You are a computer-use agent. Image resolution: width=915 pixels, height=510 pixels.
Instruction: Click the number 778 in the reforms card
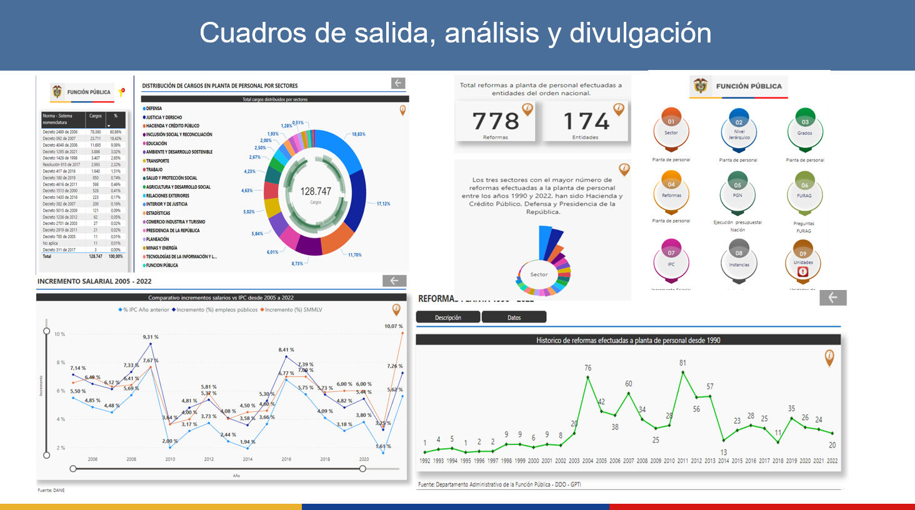pyautogui.click(x=496, y=121)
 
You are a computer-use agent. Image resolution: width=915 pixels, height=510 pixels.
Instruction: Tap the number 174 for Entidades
pyautogui.click(x=586, y=121)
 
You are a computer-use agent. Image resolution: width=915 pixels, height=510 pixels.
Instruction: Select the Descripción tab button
pyautogui.click(x=448, y=317)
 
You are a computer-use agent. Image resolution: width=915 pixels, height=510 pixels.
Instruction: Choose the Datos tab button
pyautogui.click(x=514, y=317)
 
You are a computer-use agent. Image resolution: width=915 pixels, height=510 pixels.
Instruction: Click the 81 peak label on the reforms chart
pyautogui.click(x=682, y=362)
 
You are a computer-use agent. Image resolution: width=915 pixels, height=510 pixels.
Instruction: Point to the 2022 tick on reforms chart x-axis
pyautogui.click(x=832, y=461)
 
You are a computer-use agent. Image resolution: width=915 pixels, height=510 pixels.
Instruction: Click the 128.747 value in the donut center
pyautogui.click(x=316, y=191)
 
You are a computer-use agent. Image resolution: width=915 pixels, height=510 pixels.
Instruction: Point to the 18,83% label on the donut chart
pyautogui.click(x=358, y=134)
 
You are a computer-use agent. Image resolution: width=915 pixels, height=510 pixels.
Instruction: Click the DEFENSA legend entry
pyautogui.click(x=154, y=109)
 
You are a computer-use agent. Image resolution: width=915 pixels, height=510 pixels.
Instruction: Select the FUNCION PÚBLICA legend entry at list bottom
pyautogui.click(x=162, y=266)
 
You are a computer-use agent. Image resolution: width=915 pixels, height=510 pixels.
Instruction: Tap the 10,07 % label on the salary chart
pyautogui.click(x=393, y=326)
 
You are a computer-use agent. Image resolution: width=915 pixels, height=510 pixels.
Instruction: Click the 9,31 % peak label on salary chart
pyautogui.click(x=150, y=337)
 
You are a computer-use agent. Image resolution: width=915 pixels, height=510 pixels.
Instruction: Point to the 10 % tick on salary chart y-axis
pyautogui.click(x=59, y=334)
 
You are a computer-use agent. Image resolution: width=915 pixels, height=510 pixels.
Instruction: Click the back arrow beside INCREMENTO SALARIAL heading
pyautogui.click(x=394, y=281)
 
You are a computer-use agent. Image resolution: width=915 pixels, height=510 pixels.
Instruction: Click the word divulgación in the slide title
pyautogui.click(x=641, y=33)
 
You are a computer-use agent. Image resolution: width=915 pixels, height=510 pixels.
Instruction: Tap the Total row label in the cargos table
pyautogui.click(x=47, y=256)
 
